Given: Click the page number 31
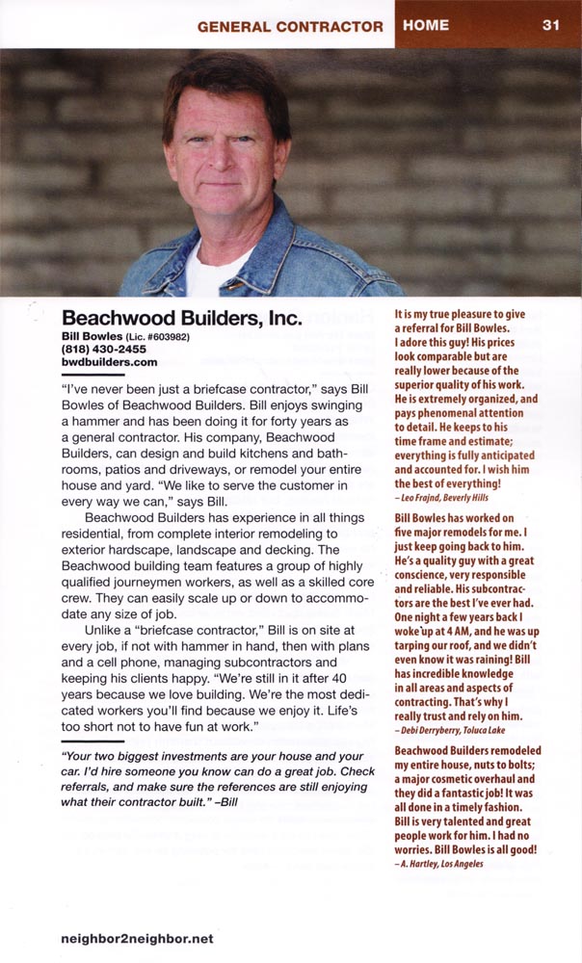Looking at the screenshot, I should (x=550, y=25).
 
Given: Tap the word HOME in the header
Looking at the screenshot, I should (x=427, y=25).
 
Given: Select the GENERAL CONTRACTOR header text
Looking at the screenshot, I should (x=289, y=26).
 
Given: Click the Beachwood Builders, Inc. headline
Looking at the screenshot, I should (x=182, y=318).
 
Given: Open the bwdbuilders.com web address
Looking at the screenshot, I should (x=109, y=362).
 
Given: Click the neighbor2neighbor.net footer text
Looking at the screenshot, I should (x=136, y=938).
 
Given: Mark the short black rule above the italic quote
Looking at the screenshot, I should (x=93, y=742).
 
